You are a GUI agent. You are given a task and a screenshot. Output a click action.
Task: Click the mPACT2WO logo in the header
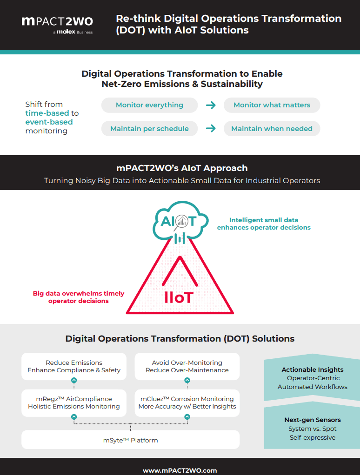tap(57, 22)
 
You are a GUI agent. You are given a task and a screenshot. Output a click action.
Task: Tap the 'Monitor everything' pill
tap(149, 105)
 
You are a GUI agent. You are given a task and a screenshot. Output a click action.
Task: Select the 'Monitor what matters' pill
tap(272, 105)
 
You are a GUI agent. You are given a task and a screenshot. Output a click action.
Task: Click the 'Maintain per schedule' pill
tap(149, 129)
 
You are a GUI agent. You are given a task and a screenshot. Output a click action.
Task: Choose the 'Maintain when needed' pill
tap(272, 129)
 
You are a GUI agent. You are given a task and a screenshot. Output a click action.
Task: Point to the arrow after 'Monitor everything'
tap(211, 105)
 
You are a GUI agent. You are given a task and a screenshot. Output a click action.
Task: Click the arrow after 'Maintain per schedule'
tap(211, 129)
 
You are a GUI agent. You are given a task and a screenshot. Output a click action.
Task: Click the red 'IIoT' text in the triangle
tap(179, 297)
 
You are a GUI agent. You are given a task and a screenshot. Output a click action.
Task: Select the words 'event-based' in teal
tap(49, 122)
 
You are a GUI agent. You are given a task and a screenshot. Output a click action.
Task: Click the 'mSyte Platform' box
tap(131, 440)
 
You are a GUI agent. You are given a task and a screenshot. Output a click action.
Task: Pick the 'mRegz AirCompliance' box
tap(73, 402)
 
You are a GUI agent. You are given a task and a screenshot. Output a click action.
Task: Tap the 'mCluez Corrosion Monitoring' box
tap(187, 402)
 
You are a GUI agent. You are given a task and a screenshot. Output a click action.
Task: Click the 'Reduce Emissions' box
tap(73, 366)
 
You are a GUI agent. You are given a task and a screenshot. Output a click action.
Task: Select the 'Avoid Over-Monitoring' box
tap(187, 366)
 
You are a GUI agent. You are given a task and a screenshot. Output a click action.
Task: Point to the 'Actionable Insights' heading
tap(313, 370)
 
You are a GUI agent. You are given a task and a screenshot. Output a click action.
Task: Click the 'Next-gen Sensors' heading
tap(313, 420)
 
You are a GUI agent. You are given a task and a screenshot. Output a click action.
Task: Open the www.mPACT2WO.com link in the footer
tap(180, 470)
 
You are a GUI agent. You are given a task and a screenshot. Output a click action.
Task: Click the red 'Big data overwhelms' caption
tap(79, 297)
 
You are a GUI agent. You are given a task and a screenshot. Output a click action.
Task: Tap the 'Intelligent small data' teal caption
tap(264, 224)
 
